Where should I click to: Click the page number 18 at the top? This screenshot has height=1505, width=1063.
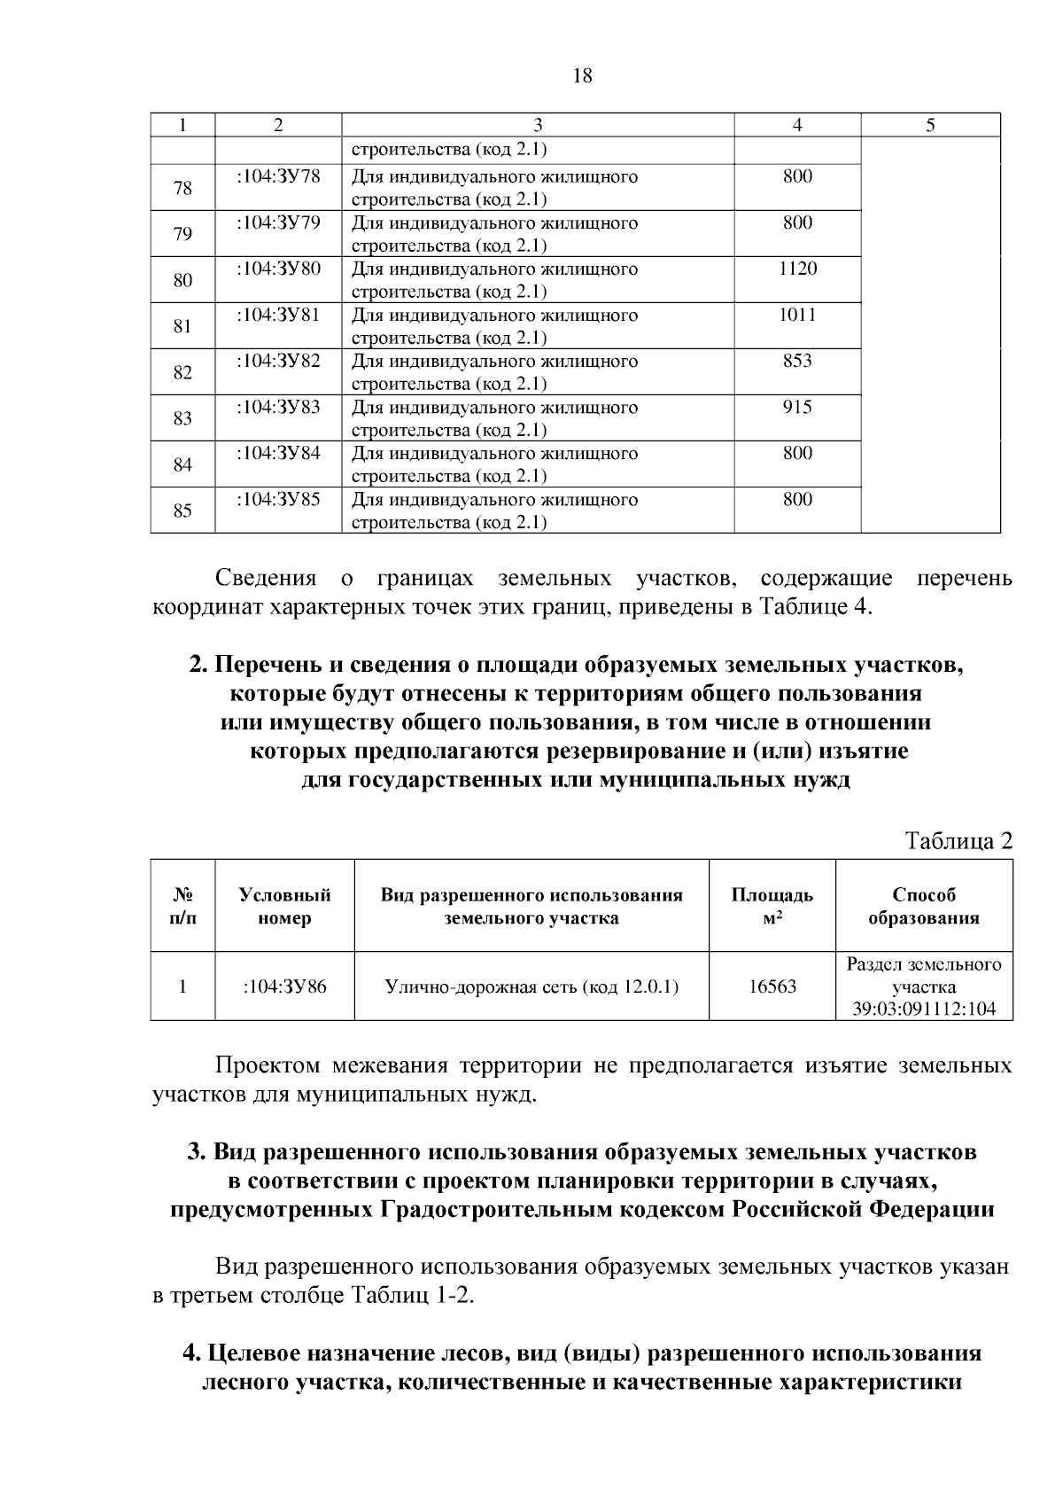pyautogui.click(x=582, y=76)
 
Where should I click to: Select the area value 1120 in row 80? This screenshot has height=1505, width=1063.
pyautogui.click(x=797, y=269)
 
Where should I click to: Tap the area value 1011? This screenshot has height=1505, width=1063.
pyautogui.click(x=797, y=315)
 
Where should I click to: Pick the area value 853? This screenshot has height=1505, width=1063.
pyautogui.click(x=797, y=361)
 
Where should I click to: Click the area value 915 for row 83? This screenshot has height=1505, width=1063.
pyautogui.click(x=797, y=407)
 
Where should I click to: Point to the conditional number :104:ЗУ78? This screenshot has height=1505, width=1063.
pyautogui.click(x=278, y=176)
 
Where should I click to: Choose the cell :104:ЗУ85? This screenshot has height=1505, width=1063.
pyautogui.click(x=278, y=499)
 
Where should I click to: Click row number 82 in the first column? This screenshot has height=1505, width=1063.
pyautogui.click(x=182, y=372)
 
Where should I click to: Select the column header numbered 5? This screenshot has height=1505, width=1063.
pyautogui.click(x=930, y=125)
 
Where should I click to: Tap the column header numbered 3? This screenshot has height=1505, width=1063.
pyautogui.click(x=538, y=125)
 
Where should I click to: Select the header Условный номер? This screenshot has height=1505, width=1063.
pyautogui.click(x=284, y=906)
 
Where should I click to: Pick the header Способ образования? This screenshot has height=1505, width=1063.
pyautogui.click(x=923, y=906)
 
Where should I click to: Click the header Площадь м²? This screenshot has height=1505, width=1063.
pyautogui.click(x=772, y=906)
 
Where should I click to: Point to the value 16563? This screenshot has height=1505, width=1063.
pyautogui.click(x=772, y=986)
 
